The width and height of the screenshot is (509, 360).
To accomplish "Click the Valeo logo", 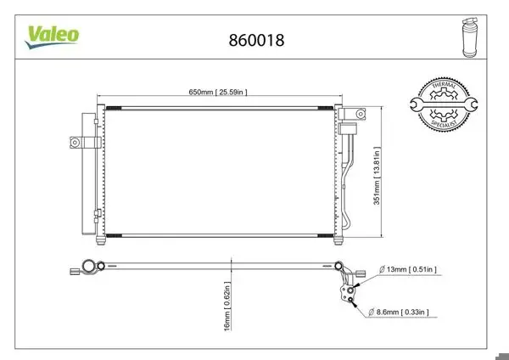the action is coord(52,37).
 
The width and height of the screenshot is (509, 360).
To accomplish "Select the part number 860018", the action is coord(256,40).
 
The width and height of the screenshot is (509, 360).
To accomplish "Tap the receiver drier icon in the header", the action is coord(470,37).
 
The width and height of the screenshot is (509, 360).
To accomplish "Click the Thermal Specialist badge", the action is coord(444,104).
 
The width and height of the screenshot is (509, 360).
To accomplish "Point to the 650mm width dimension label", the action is coord(218,92).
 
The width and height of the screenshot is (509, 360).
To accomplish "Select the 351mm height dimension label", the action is coord(377,176).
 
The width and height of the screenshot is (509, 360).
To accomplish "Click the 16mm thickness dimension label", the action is coord(227,306).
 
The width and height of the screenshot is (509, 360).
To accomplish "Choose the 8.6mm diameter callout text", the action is coord(399,312).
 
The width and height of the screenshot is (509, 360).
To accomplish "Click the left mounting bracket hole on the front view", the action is coord(75,143).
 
